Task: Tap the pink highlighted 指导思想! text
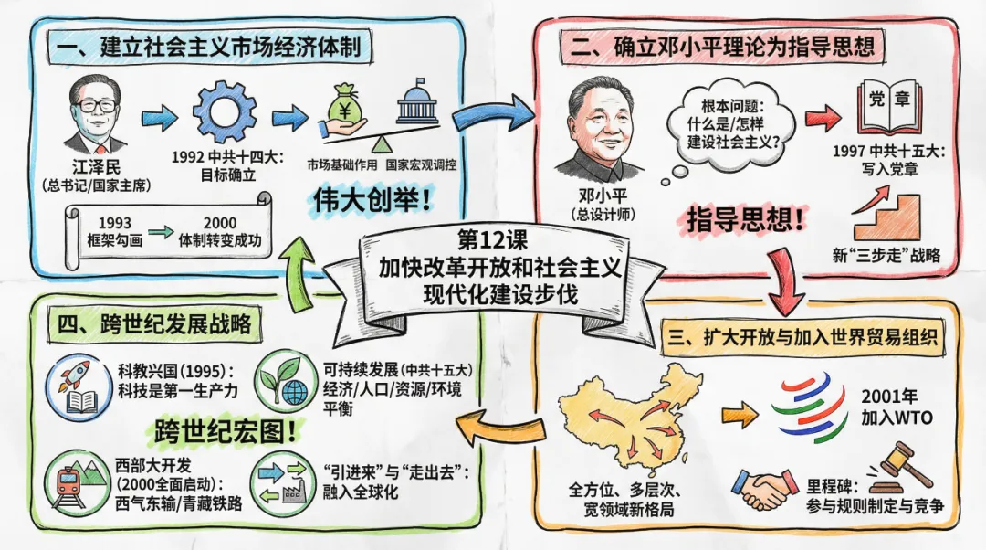(x=746, y=220)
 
